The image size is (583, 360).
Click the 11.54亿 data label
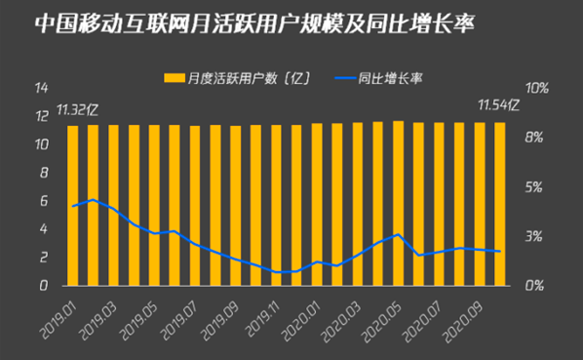point(496,103)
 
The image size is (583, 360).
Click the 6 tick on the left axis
point(44,201)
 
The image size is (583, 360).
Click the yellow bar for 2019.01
point(73,205)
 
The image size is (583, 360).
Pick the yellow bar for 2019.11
point(276,205)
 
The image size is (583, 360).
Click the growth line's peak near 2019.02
point(93,200)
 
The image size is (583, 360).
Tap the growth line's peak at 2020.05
point(398,235)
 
